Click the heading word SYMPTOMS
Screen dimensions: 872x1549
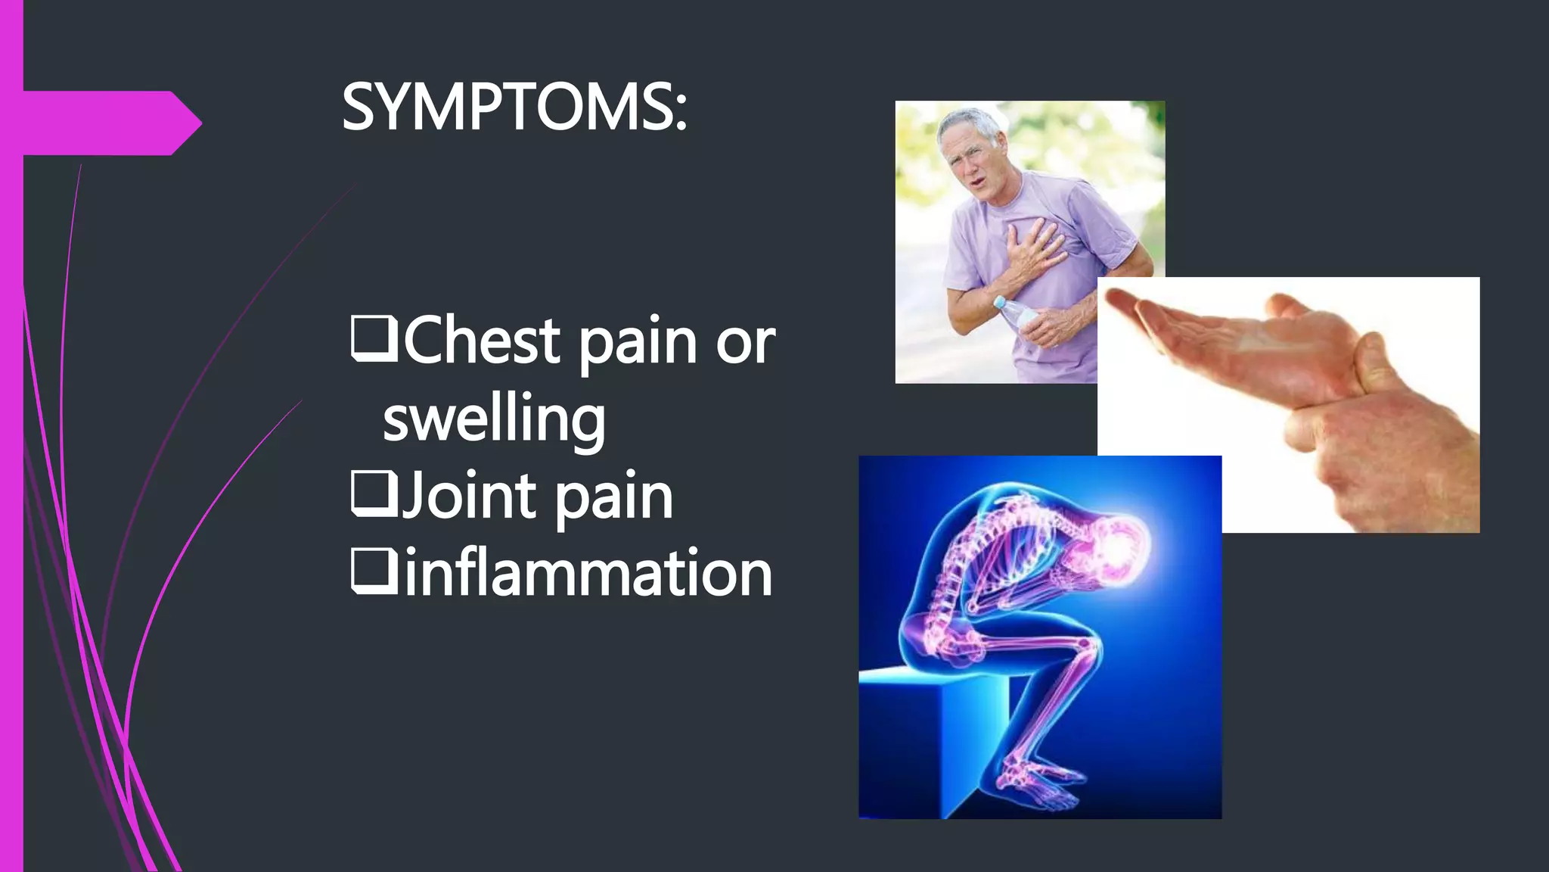(x=514, y=107)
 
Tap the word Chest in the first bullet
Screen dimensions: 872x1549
(x=483, y=341)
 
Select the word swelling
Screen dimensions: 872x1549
(x=494, y=419)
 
